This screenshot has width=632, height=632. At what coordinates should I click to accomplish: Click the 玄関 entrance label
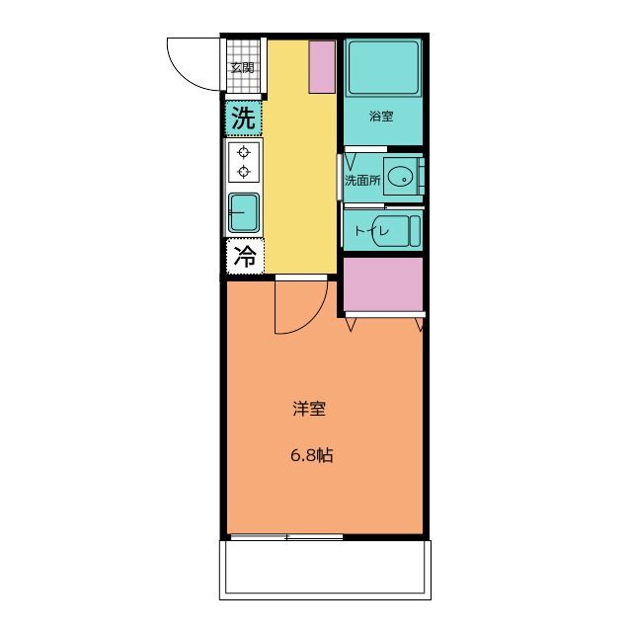243,68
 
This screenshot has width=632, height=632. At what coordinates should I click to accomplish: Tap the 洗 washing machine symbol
243,118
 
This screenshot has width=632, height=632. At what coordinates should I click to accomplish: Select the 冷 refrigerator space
245,257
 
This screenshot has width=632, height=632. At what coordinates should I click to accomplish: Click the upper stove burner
244,152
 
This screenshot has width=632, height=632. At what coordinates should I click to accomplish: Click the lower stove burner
244,171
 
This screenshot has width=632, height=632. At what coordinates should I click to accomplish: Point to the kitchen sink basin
244,213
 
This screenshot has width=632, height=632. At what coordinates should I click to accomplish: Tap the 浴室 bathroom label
381,117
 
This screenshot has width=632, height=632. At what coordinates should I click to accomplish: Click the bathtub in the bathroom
384,67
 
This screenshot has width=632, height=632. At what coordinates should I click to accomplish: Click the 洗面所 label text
362,180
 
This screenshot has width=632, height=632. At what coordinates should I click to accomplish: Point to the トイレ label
371,231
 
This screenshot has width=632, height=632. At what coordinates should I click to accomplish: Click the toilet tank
415,231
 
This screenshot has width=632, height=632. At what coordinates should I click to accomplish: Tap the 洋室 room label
309,409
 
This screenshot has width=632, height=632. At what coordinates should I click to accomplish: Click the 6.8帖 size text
312,455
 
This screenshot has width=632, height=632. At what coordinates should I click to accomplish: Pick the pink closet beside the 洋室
383,284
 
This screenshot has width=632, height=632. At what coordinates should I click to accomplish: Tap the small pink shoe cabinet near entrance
322,67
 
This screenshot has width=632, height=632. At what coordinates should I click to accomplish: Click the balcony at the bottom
325,570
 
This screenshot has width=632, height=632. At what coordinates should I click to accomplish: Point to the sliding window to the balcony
286,537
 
